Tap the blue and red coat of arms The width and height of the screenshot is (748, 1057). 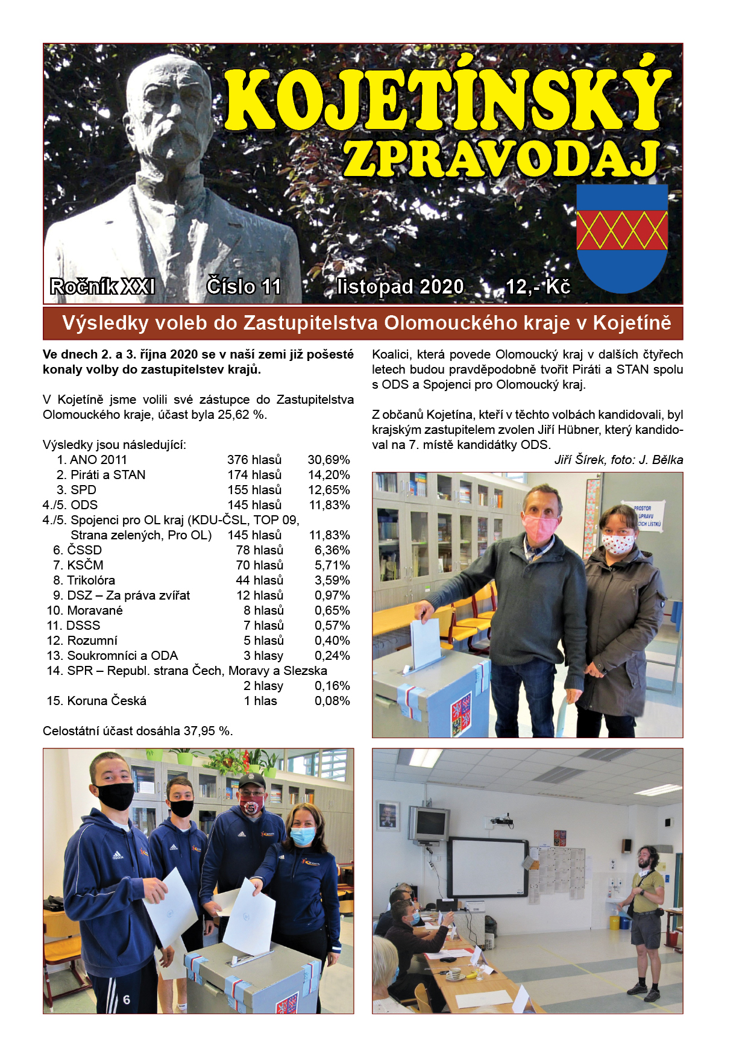622,238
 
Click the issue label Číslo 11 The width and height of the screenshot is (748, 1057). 244,286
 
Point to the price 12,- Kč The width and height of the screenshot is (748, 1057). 538,286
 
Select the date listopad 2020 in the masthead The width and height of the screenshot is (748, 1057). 400,286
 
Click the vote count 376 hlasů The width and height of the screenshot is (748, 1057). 254,460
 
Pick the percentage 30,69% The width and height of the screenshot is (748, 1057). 328,460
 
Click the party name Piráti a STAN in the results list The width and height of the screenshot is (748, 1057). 108,475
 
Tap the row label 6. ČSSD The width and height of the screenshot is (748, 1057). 77,550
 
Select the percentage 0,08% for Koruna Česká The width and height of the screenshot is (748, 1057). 332,701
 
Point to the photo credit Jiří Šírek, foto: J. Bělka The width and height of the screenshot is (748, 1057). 618,460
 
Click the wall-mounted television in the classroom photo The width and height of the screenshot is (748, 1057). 429,824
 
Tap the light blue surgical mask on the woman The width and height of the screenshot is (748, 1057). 303,835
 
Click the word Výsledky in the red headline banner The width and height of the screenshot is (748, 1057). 105,323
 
